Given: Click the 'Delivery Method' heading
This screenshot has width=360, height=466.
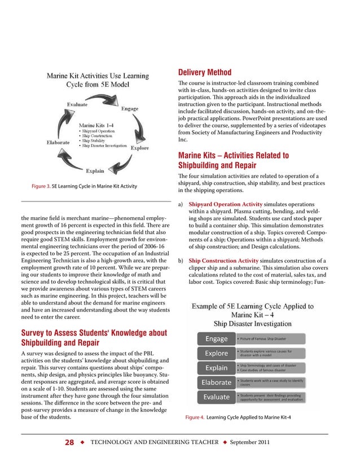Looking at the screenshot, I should pyautogui.click(x=205, y=73).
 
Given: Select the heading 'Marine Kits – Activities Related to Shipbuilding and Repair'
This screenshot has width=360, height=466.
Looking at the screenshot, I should pyautogui.click(x=234, y=160).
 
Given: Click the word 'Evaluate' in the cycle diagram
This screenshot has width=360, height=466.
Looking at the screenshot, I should pyautogui.click(x=77, y=104).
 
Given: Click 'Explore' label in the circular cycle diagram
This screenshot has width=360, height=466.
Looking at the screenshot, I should pyautogui.click(x=140, y=148).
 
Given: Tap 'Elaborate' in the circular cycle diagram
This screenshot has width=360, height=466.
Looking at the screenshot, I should pyautogui.click(x=58, y=142).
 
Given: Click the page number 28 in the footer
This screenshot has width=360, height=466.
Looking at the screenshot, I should pyautogui.click(x=69, y=443).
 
